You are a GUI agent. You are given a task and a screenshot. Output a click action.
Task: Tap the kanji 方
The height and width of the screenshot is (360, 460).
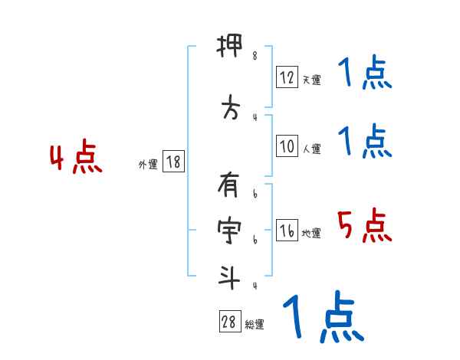[x=229, y=110]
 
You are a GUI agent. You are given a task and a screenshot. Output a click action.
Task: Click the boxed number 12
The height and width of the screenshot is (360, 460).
[x=287, y=77]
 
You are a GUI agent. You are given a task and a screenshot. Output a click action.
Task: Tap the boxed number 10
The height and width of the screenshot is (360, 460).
[x=287, y=147]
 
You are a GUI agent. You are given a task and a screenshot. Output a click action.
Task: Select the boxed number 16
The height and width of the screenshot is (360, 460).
[x=287, y=231]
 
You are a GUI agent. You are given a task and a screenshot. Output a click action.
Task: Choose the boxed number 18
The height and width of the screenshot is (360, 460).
[x=173, y=162]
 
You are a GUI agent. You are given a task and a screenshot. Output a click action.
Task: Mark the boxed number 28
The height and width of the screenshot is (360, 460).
[x=228, y=322]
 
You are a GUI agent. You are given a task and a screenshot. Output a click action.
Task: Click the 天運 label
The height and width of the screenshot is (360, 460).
[x=311, y=80]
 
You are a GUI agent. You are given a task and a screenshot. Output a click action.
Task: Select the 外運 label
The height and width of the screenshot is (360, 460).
[x=148, y=165]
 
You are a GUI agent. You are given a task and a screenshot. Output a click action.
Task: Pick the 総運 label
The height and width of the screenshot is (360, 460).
[x=255, y=325]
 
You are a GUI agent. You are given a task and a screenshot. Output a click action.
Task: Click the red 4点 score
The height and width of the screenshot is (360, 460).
[x=75, y=159]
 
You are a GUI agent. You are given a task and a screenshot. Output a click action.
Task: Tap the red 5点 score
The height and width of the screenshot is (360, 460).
[x=365, y=226]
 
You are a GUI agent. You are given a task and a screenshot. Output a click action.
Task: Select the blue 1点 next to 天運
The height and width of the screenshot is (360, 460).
[x=365, y=74]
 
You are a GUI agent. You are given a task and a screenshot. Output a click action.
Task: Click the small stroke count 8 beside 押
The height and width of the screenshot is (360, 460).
[x=255, y=56]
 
